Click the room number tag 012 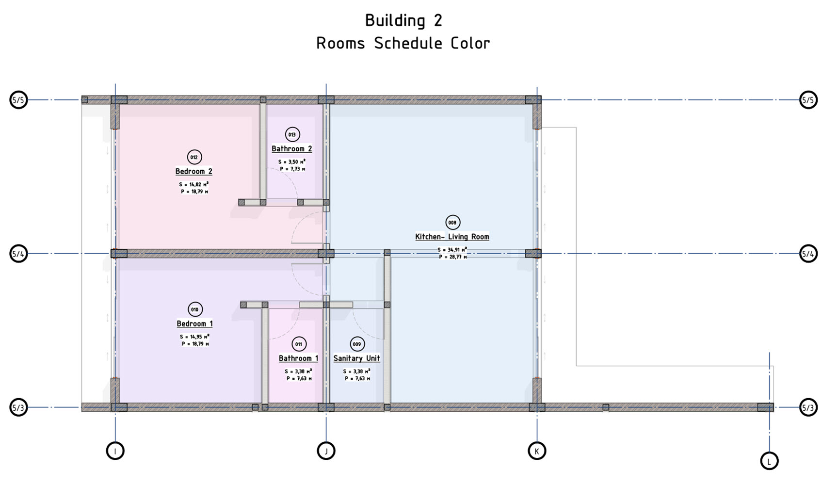click(x=194, y=157)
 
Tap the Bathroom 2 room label click(x=291, y=149)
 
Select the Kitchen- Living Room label click(x=452, y=237)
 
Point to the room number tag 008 click(x=452, y=223)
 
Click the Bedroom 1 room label click(x=194, y=323)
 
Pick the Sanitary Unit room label click(x=356, y=358)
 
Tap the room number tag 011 click(x=299, y=344)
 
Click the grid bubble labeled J click(x=326, y=451)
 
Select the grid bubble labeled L click(x=769, y=461)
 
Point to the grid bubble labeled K click(x=537, y=451)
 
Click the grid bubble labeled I click(x=115, y=451)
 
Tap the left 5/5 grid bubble click(x=18, y=100)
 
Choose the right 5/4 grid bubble click(x=808, y=254)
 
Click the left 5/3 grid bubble click(x=18, y=407)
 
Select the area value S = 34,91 click(x=452, y=250)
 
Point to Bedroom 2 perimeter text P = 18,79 click(x=194, y=192)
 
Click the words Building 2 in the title click(x=403, y=20)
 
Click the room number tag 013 click(x=292, y=134)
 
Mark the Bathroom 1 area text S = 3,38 click(x=298, y=372)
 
